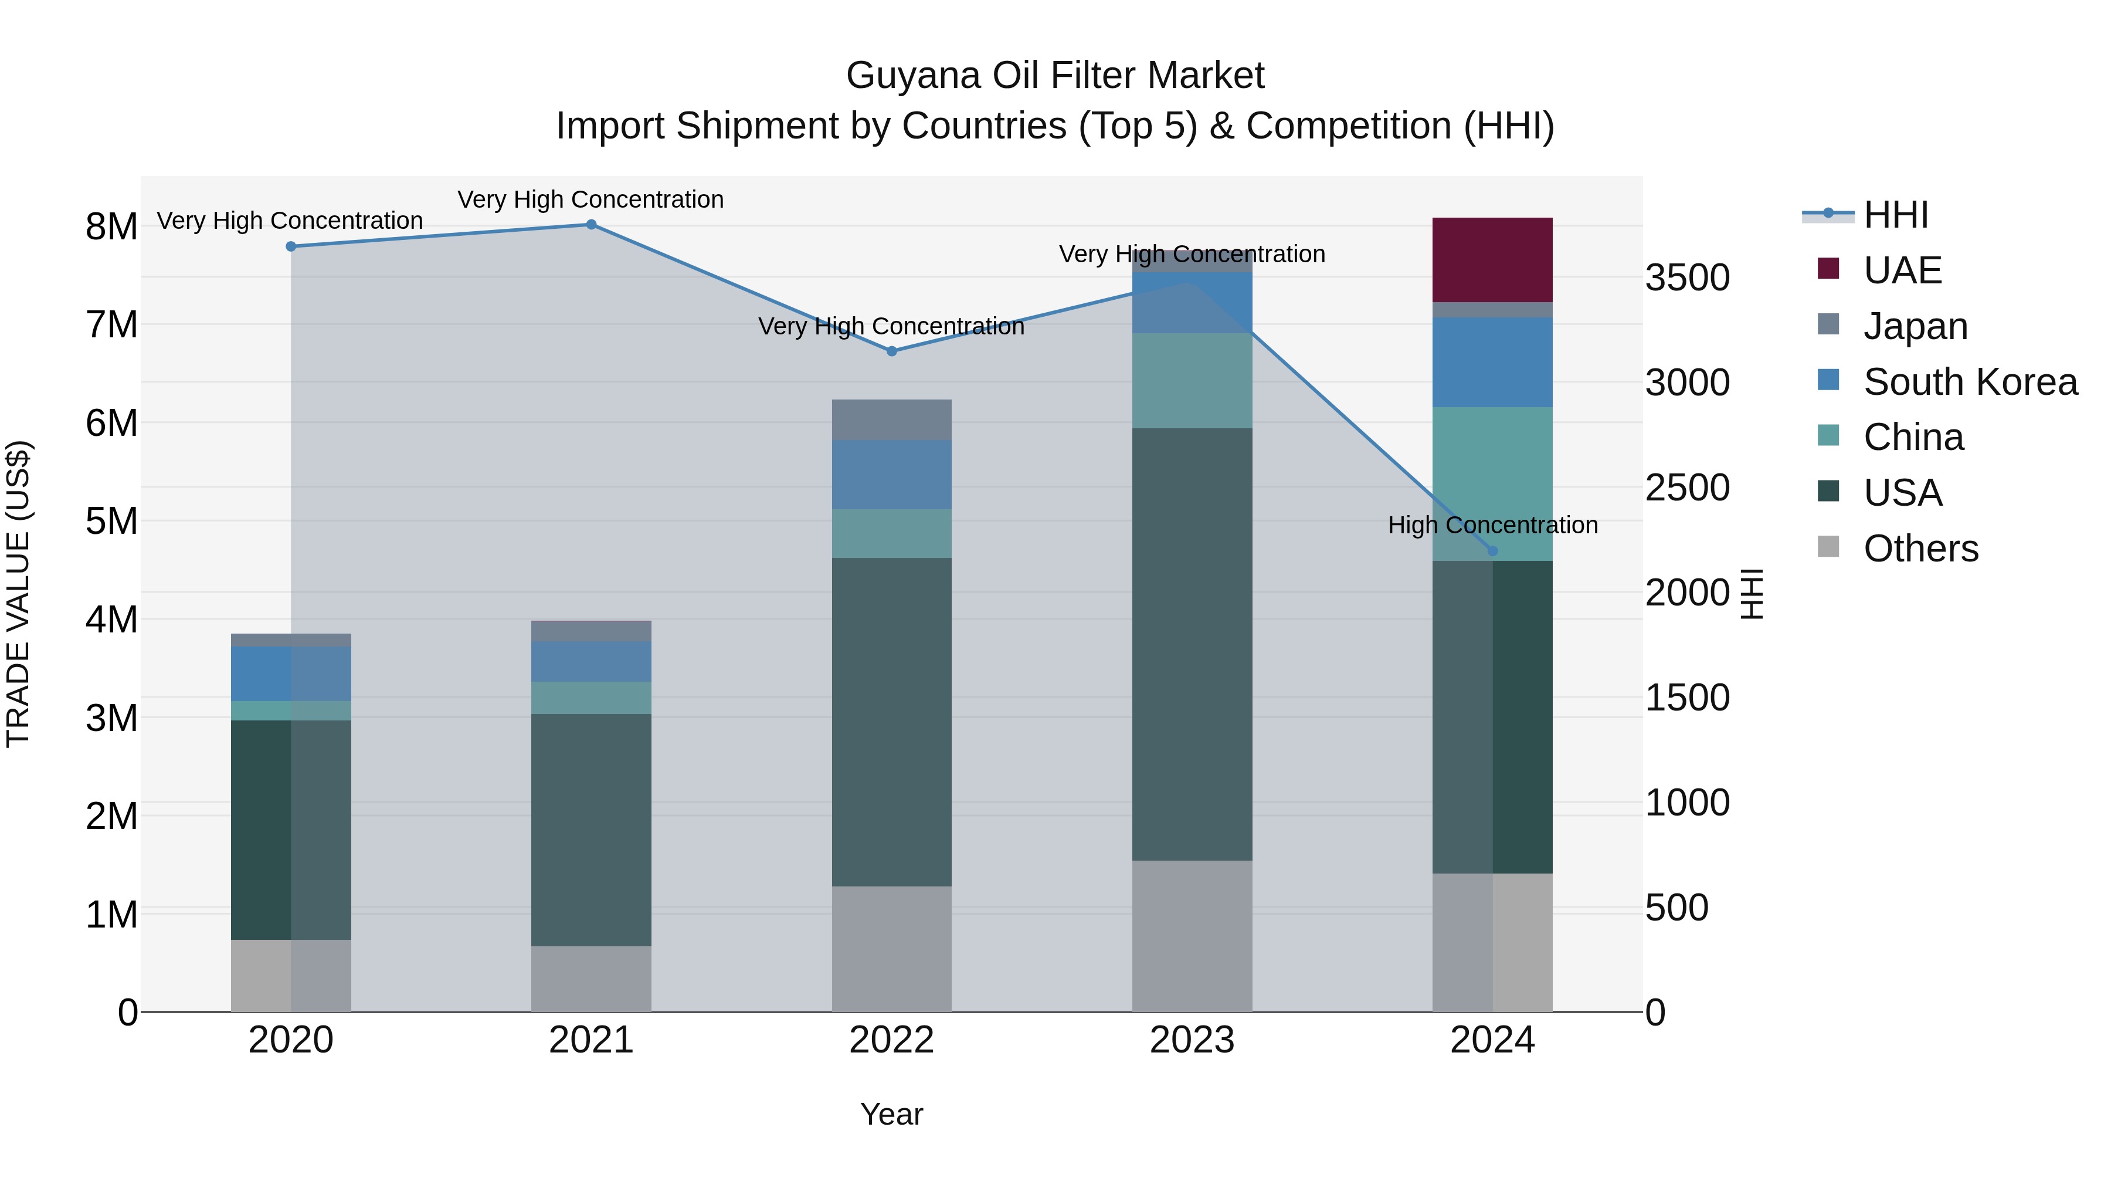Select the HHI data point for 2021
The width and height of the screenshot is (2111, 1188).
(591, 225)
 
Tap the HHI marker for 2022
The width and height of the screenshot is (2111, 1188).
(891, 351)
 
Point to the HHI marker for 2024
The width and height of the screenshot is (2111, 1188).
(1492, 551)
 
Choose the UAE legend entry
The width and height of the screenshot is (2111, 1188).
(1902, 270)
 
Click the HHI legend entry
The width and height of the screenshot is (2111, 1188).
(1895, 215)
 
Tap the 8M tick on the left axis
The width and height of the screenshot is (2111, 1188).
(111, 227)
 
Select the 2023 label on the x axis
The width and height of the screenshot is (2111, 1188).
(1192, 1040)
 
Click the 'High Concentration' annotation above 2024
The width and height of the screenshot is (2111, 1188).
(1492, 524)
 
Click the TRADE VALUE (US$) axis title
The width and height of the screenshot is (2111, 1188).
(18, 594)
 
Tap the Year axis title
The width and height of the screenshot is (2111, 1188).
(891, 1114)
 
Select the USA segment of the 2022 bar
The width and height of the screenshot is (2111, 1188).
(891, 722)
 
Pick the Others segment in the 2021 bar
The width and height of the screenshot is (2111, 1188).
(591, 979)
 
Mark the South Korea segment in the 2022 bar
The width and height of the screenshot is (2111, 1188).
(891, 475)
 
